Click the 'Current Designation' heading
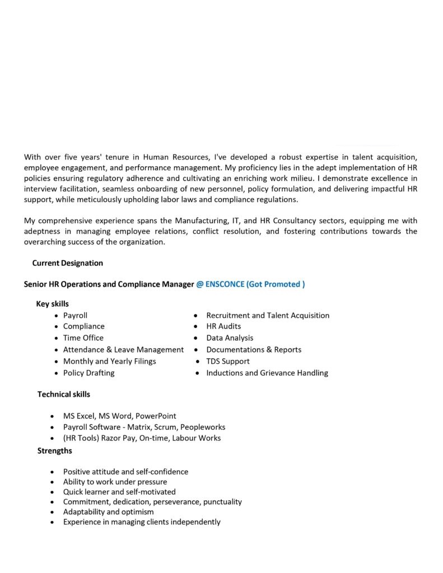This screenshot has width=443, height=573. click(67, 263)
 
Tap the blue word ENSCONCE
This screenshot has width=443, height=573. click(225, 284)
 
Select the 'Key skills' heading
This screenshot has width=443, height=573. click(53, 304)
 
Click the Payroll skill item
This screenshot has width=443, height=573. click(75, 316)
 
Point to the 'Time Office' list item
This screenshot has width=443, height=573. click(83, 338)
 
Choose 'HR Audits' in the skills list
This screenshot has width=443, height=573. click(223, 326)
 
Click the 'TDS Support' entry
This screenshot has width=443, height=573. click(228, 361)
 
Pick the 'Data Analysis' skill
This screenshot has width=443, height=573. click(230, 338)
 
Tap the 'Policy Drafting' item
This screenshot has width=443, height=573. click(88, 373)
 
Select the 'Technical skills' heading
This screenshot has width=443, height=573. click(64, 394)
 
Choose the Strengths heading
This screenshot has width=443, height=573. click(55, 450)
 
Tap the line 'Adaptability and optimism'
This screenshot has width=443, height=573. click(108, 512)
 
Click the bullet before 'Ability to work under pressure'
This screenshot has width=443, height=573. click(52, 482)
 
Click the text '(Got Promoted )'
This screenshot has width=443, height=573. click(276, 284)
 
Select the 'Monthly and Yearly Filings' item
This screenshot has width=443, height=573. click(109, 361)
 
